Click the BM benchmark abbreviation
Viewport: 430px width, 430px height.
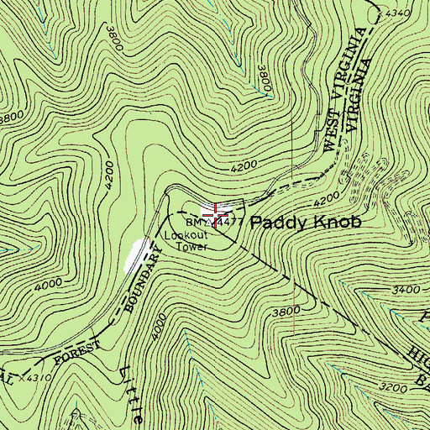pos(194,223)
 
